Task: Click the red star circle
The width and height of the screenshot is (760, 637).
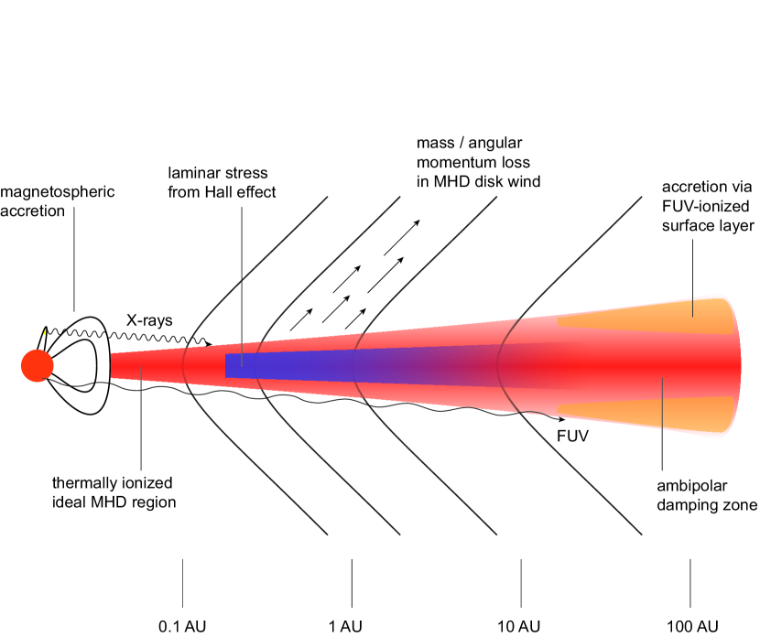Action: pyautogui.click(x=37, y=365)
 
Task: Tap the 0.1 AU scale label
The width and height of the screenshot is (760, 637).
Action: pyautogui.click(x=183, y=627)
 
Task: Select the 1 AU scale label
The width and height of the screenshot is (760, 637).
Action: pyautogui.click(x=346, y=627)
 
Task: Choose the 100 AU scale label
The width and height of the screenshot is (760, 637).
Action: pyautogui.click(x=690, y=627)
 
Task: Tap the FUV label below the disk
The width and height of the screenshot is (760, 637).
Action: pyautogui.click(x=572, y=437)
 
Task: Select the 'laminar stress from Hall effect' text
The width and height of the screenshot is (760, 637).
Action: pyautogui.click(x=223, y=182)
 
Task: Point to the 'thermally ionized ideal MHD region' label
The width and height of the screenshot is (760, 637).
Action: pyautogui.click(x=114, y=491)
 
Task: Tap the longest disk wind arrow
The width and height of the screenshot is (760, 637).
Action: pyautogui.click(x=401, y=238)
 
